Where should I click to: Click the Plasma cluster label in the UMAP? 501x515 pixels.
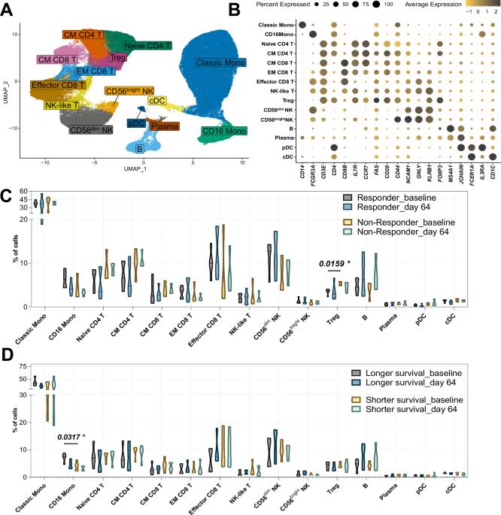click(164, 127)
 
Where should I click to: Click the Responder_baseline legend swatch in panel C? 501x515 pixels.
click(342, 196)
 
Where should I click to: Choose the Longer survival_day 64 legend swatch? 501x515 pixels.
click(342, 382)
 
